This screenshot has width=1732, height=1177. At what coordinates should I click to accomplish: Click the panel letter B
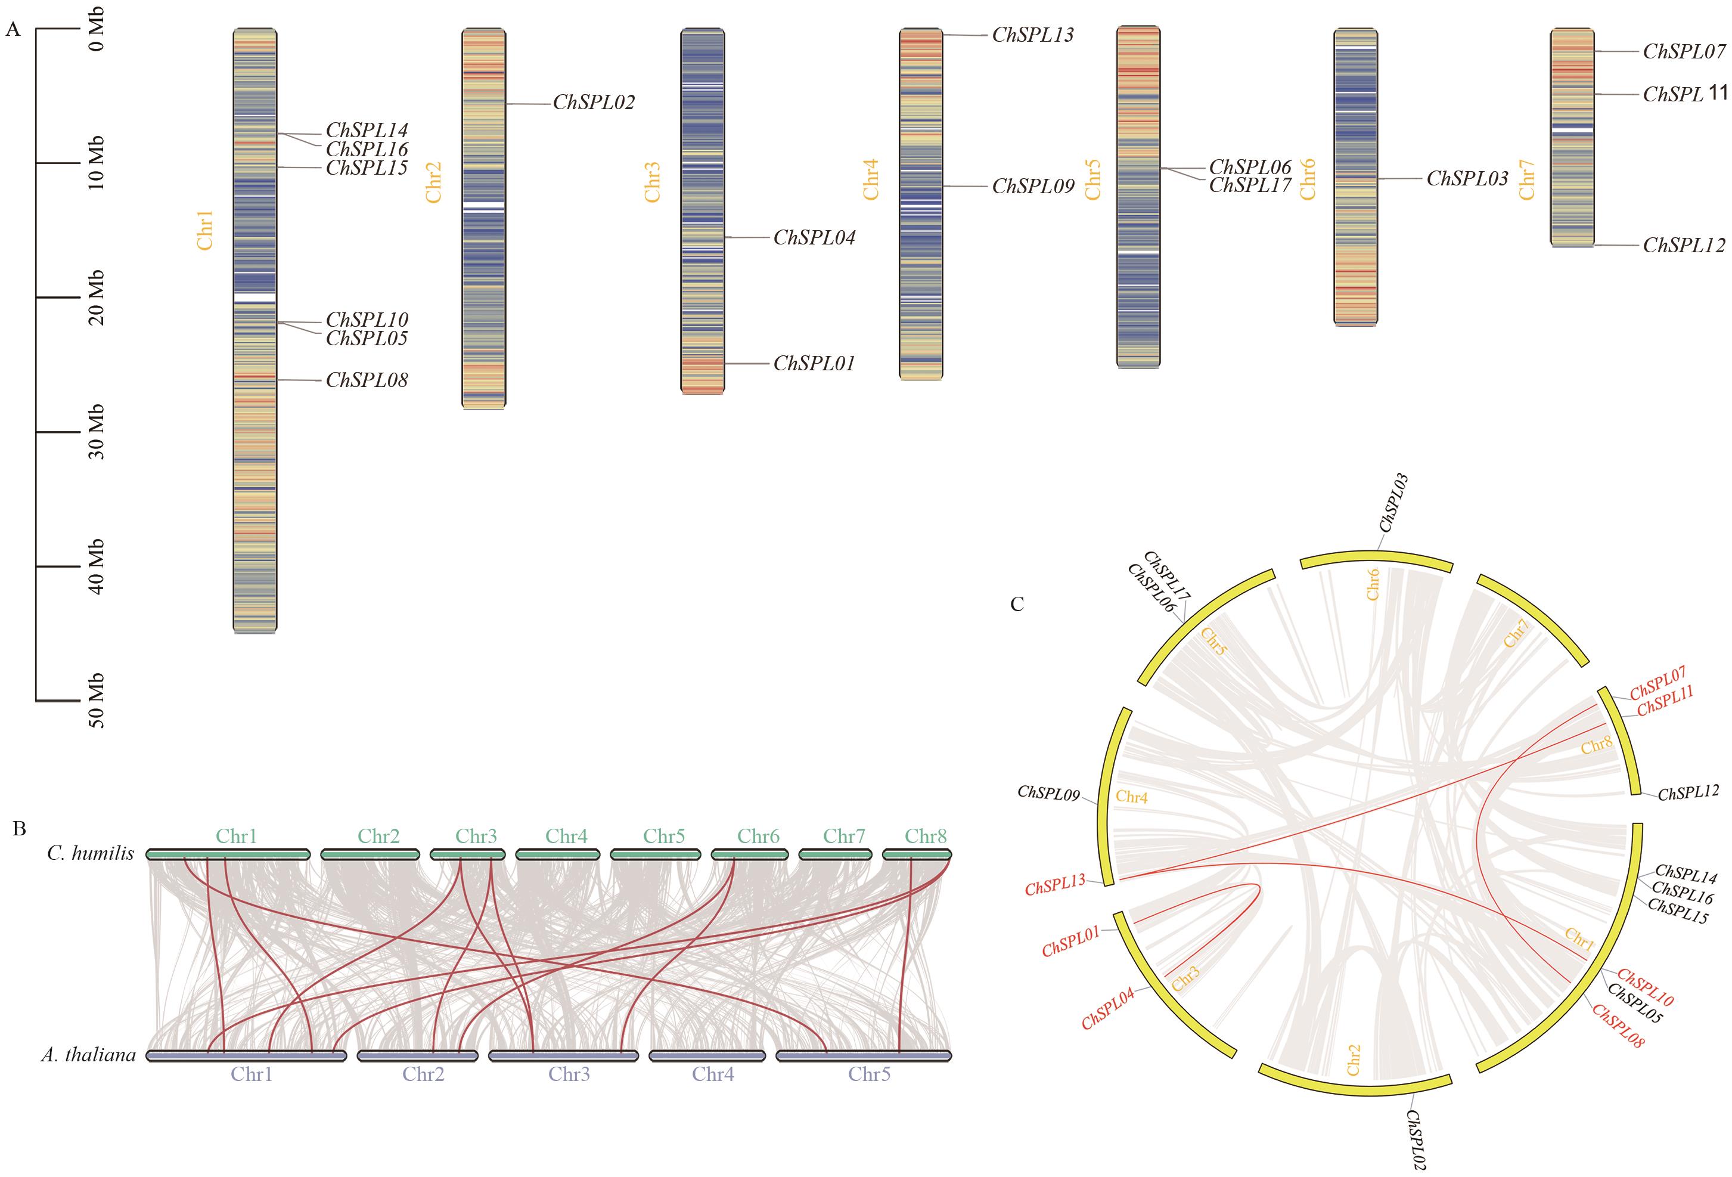click(20, 828)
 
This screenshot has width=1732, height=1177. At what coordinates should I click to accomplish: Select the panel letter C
click(1017, 604)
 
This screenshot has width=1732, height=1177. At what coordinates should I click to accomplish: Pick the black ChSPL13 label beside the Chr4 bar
click(1033, 35)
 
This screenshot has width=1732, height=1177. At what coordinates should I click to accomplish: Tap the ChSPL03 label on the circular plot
click(1393, 503)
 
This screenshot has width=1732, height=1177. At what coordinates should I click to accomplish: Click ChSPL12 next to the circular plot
click(1688, 793)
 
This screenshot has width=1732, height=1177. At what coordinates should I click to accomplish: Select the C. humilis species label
click(90, 853)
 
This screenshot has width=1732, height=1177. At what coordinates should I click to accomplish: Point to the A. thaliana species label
click(88, 1055)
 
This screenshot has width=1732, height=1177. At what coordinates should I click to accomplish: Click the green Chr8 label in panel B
click(926, 837)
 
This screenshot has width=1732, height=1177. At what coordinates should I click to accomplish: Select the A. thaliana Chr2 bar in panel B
click(417, 1055)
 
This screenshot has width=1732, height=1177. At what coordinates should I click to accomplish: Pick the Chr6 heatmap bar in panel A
click(1355, 178)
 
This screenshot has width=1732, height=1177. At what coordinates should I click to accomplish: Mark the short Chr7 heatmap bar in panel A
click(1572, 137)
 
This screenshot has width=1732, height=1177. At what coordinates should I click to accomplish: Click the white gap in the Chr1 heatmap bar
click(255, 297)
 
